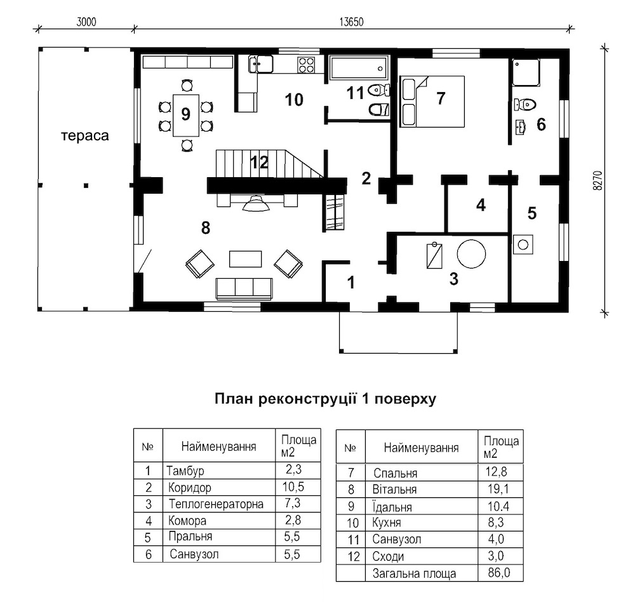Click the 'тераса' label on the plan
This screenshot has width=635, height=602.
[85, 135]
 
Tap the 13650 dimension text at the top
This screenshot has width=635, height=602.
[352, 22]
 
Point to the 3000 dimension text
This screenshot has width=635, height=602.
[86, 22]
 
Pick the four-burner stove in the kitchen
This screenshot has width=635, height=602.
[306, 65]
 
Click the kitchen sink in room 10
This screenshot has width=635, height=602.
[260, 64]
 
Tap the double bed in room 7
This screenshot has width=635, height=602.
[432, 101]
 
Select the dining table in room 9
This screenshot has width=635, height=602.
[186, 115]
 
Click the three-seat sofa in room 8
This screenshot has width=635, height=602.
[244, 289]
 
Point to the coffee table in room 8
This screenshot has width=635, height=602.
[245, 259]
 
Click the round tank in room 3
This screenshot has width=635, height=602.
[471, 253]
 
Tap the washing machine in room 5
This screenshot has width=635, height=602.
[523, 244]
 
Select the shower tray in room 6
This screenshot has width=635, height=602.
[526, 72]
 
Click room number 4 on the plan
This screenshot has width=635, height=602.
[481, 205]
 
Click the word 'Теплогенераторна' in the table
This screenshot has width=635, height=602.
[216, 504]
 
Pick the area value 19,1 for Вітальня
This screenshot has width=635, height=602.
[498, 489]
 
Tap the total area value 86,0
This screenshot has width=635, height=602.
[499, 573]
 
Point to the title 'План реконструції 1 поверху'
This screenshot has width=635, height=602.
[325, 399]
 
